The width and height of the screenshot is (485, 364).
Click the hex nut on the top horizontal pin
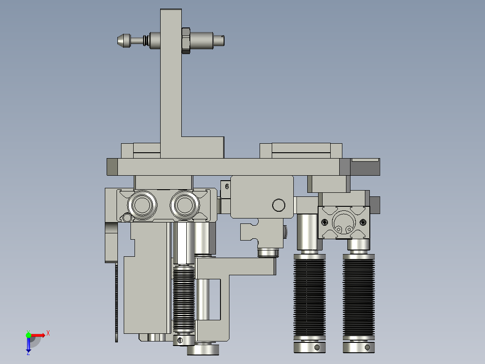(185, 41)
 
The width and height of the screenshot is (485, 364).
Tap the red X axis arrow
(38, 335)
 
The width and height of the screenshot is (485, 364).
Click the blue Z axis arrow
(28, 345)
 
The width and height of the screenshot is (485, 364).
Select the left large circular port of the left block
(142, 205)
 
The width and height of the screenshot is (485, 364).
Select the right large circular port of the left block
(184, 205)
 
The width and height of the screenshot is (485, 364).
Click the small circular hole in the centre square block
(278, 205)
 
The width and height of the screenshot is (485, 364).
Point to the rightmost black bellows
(359, 296)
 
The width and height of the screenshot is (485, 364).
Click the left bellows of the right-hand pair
(310, 296)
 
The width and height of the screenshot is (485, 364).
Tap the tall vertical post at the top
(171, 84)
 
